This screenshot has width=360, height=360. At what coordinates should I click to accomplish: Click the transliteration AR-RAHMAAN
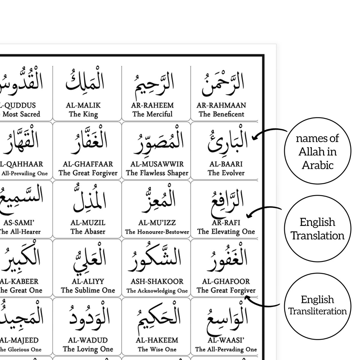(x=221, y=105)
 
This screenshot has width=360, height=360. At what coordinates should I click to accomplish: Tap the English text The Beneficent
(x=221, y=114)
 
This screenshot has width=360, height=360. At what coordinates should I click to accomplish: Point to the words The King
(x=83, y=114)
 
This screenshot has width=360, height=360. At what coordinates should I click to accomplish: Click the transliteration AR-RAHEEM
(x=152, y=105)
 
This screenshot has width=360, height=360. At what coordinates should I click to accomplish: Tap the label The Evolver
(x=226, y=173)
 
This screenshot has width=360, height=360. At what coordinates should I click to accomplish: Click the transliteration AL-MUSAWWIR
(x=157, y=164)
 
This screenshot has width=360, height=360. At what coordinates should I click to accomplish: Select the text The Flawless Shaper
(x=157, y=173)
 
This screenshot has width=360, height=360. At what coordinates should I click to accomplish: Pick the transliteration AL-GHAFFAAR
(x=88, y=164)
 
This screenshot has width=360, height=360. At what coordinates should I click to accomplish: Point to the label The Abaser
(x=88, y=231)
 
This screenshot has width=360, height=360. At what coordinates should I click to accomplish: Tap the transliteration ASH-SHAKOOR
(x=157, y=281)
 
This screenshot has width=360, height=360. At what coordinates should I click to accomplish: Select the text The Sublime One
(x=88, y=290)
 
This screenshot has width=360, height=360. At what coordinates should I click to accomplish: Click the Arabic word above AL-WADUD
(x=89, y=316)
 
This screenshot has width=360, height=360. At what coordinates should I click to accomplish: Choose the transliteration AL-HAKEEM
(x=157, y=340)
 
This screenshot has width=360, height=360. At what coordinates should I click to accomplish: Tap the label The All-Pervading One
(x=226, y=349)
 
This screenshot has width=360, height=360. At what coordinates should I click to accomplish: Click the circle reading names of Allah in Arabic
(x=317, y=151)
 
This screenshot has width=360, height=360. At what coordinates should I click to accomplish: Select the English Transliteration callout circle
(x=317, y=305)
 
